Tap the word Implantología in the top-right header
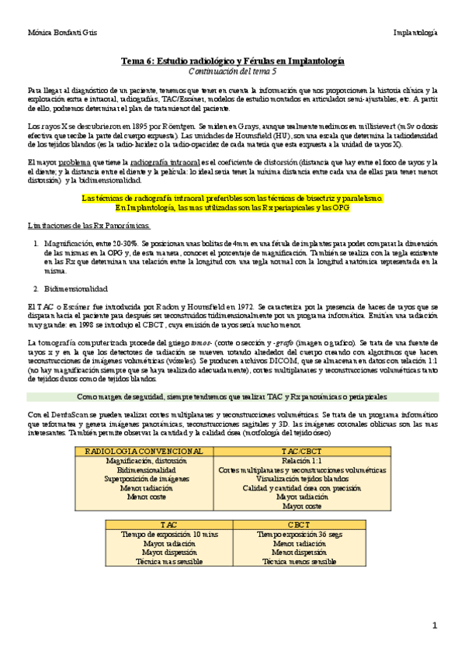tap(415, 33)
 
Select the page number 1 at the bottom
tap(436, 625)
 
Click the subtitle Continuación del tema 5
tap(233, 71)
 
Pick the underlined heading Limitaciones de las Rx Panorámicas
tap(88, 224)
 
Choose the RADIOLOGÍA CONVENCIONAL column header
tap(146, 451)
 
